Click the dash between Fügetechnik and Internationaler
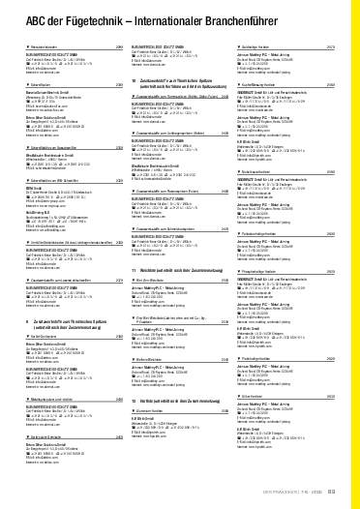[122, 25]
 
